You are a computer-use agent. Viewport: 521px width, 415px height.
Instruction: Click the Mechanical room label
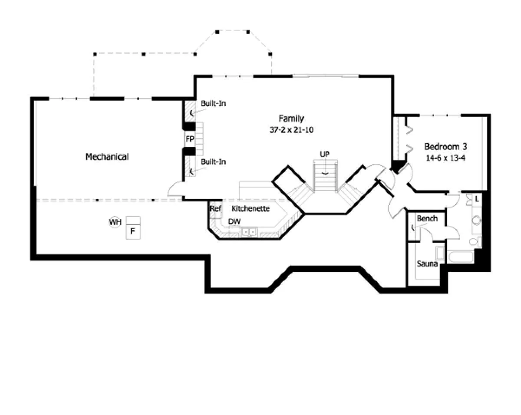(107, 157)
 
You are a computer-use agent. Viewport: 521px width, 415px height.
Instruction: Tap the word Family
(291, 119)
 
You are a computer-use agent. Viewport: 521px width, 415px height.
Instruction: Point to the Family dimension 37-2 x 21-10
(291, 130)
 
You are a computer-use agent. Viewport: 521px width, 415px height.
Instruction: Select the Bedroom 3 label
(446, 146)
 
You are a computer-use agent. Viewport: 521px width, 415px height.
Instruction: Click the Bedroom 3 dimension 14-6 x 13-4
(446, 158)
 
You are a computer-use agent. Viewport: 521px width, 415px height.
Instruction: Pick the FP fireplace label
(190, 139)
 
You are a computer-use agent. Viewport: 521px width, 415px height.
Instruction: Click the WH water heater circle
(115, 222)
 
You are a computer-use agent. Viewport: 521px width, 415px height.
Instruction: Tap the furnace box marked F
(133, 228)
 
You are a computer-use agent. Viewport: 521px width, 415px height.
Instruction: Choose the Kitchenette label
(251, 208)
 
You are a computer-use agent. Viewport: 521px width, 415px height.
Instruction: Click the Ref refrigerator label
(215, 208)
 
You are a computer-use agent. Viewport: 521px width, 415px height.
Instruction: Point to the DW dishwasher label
(234, 221)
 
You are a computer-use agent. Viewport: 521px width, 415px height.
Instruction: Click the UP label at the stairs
(325, 154)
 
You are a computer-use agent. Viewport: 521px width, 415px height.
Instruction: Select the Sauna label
(427, 263)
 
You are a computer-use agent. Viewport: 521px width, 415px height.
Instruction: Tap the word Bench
(427, 219)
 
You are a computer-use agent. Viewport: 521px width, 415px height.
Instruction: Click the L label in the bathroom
(477, 199)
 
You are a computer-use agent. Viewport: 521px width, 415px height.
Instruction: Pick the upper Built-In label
(213, 103)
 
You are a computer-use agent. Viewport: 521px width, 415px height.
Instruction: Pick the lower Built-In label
(213, 161)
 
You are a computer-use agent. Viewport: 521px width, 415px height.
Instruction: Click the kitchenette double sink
(249, 232)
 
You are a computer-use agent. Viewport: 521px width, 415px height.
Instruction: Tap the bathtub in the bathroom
(461, 257)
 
